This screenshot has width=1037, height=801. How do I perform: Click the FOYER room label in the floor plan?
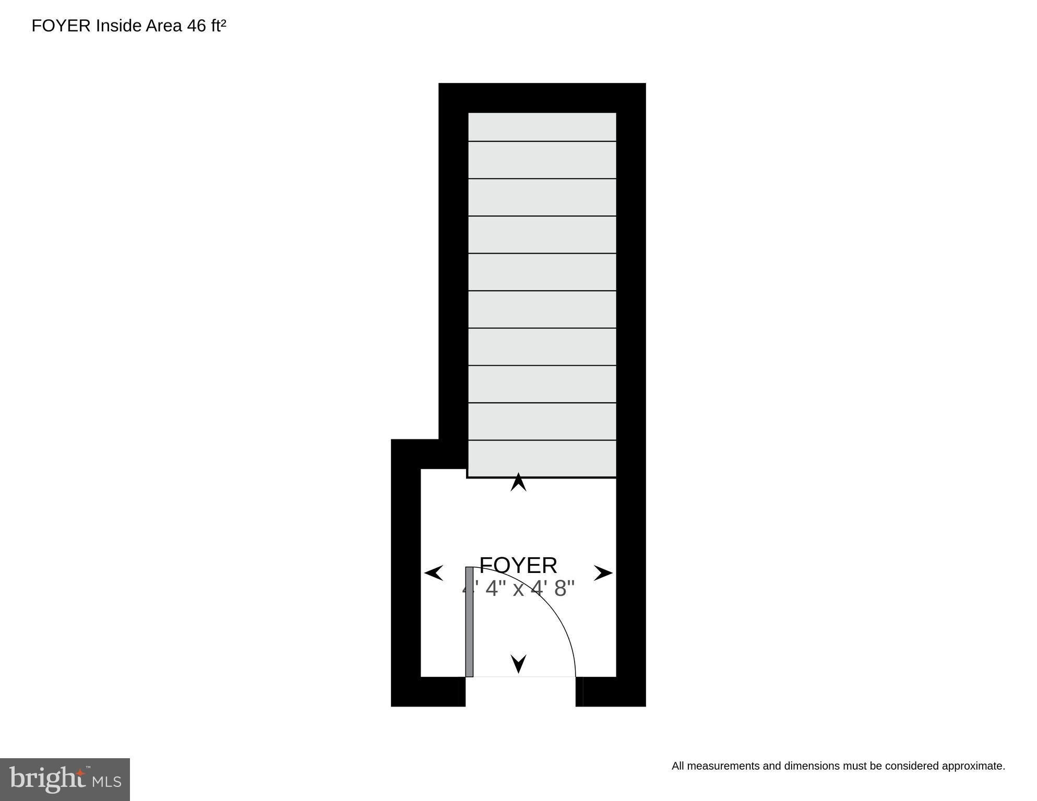(518, 566)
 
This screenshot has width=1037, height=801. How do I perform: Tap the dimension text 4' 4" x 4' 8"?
(518, 589)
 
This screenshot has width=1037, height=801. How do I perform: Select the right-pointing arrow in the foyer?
(603, 573)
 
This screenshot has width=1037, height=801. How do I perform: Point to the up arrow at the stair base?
(518, 482)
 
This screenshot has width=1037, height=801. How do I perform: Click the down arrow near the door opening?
(518, 664)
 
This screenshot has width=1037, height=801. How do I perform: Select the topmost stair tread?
(542, 127)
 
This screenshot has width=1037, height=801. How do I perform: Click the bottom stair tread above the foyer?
(542, 459)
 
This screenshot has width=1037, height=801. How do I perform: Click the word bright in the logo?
(47, 779)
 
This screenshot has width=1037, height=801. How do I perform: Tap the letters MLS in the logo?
(107, 782)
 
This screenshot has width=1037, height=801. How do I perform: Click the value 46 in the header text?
(196, 26)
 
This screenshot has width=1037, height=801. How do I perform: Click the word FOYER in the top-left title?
(61, 26)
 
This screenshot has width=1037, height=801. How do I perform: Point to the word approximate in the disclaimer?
(973, 767)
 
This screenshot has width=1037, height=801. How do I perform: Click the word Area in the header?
(164, 26)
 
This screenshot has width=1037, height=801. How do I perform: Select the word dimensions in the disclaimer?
(812, 767)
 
